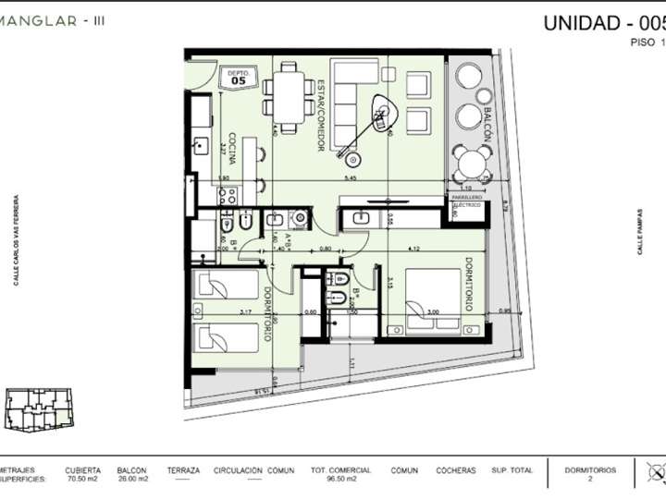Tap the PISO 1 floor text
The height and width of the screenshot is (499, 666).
tap(647, 43)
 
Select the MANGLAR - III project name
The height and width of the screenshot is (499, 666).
tap(52, 19)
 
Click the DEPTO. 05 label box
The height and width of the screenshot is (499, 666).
tap(237, 79)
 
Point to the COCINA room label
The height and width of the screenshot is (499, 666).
tap(231, 148)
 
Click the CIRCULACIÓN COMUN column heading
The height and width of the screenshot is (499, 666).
tap(253, 470)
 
